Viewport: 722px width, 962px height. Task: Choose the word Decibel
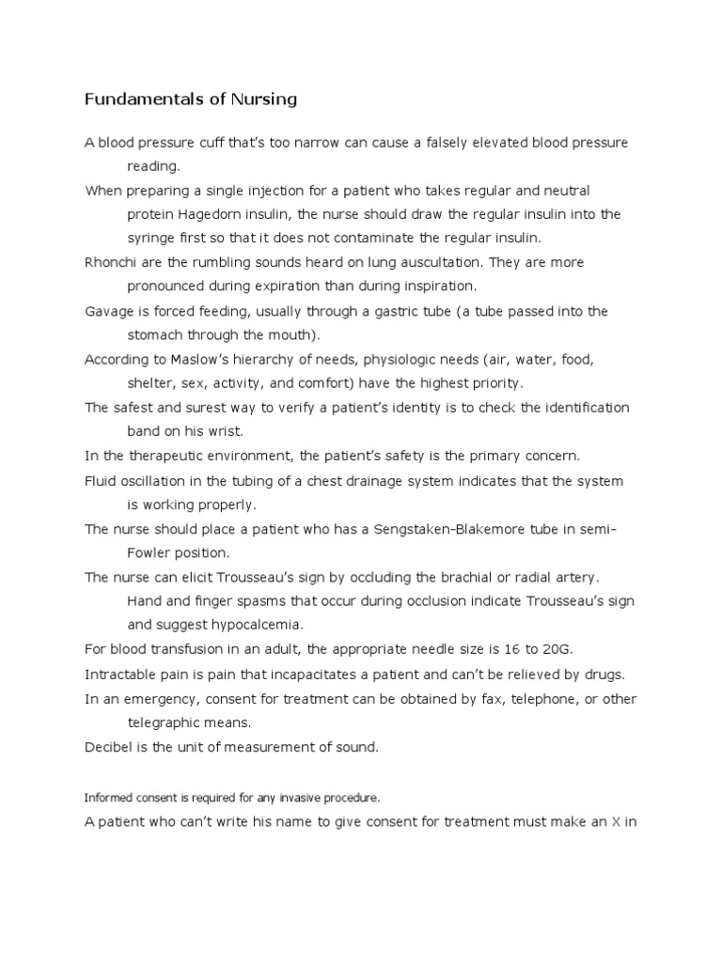[x=110, y=747]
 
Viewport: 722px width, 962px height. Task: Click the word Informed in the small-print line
[x=105, y=798]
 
